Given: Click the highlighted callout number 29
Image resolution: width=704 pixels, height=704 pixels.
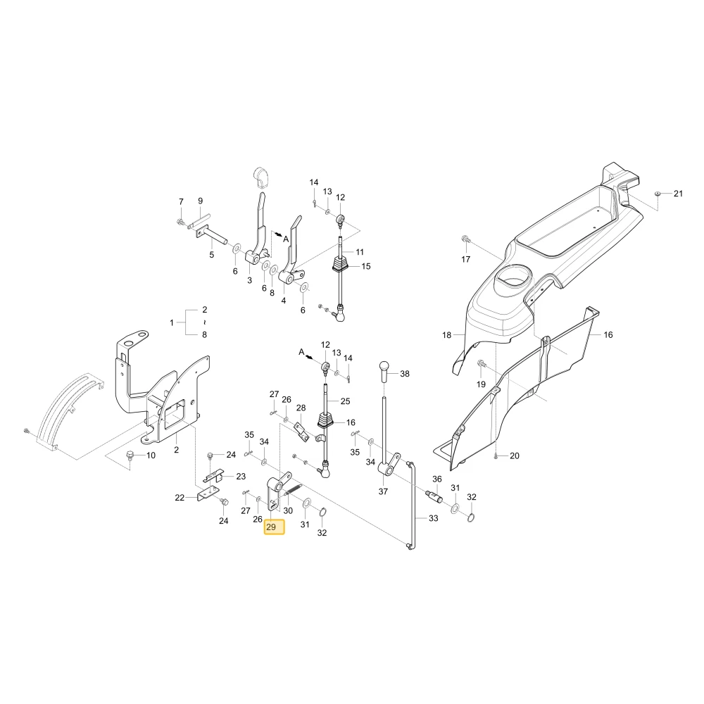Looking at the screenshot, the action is [x=271, y=527].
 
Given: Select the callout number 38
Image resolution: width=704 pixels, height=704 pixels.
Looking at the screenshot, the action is [x=405, y=374].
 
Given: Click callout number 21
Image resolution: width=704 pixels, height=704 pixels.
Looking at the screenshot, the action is [x=678, y=194].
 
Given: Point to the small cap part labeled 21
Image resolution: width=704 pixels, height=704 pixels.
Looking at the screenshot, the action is [x=658, y=193].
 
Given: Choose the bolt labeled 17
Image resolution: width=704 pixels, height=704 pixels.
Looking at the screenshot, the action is [x=465, y=239].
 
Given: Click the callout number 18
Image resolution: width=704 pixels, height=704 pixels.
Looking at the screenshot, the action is [x=446, y=335].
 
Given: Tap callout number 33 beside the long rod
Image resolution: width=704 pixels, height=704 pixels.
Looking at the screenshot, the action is [x=433, y=518].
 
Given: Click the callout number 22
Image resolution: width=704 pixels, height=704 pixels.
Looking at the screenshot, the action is [x=180, y=498].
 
